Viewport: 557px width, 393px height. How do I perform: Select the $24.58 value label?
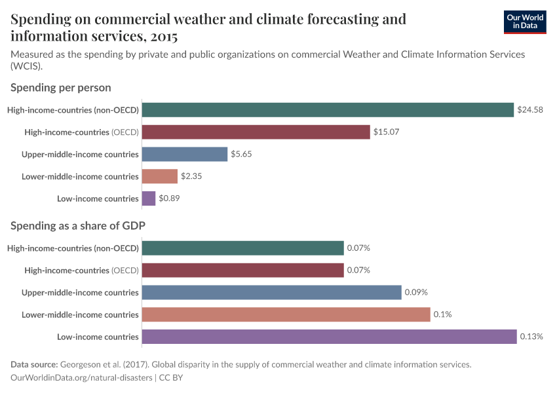tap(530, 110)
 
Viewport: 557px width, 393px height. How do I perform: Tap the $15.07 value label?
tap(386, 132)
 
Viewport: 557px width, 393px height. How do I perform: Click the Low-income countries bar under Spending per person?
tap(149, 198)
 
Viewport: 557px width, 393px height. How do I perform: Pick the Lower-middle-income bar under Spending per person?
tap(160, 176)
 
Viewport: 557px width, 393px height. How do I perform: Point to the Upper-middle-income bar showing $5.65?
tap(185, 154)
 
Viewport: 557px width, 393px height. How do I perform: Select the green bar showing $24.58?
tap(328, 110)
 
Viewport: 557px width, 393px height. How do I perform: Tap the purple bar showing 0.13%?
tap(329, 337)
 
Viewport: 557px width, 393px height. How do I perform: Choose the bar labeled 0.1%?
tap(286, 314)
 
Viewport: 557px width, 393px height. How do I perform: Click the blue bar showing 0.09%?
tap(271, 292)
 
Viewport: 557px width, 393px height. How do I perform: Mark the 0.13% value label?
tap(531, 337)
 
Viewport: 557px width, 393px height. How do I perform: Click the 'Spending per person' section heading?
tap(61, 87)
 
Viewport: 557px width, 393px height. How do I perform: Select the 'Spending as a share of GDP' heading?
tap(78, 225)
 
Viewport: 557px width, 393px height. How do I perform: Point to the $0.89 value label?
tap(169, 198)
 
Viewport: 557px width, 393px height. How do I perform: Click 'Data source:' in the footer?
tap(34, 364)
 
